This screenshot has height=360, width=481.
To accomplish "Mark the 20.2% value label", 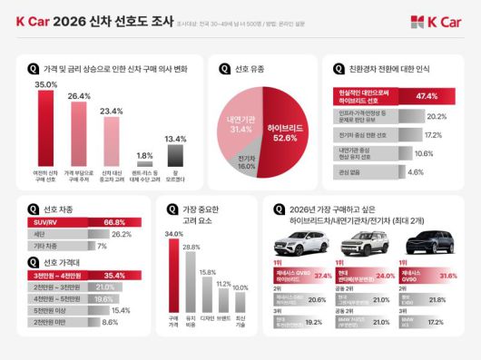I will [x=437, y=116].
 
